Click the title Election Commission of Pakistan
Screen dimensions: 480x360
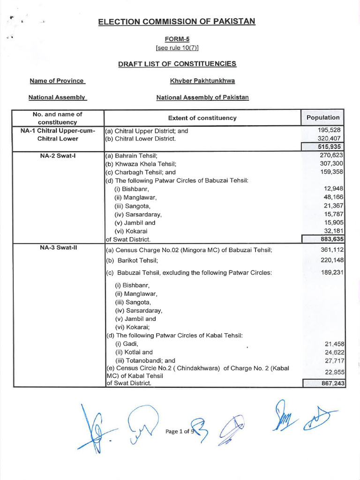pos(177,22)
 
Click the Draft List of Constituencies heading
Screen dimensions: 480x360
pos(177,64)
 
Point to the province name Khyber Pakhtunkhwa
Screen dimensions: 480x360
pos(202,81)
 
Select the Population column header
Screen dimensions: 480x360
pos(322,118)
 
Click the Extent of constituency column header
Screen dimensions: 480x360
pos(202,118)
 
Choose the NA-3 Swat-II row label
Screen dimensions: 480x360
pos(57,248)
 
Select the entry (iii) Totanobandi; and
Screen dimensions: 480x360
pos(145,360)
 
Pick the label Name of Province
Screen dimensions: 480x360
pos(57,81)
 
